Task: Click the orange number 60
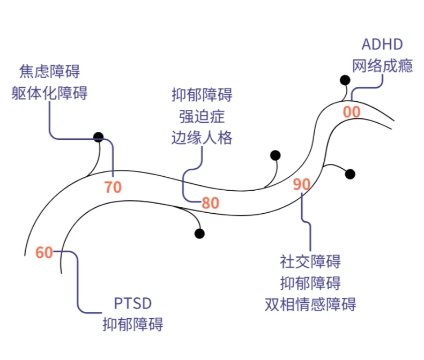pyautogui.click(x=44, y=252)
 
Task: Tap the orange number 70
pyautogui.click(x=113, y=187)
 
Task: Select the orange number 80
pyautogui.click(x=211, y=203)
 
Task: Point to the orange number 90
pyautogui.click(x=302, y=184)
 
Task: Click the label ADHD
pyautogui.click(x=382, y=44)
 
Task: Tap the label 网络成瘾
pyautogui.click(x=382, y=66)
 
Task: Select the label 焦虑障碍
pyautogui.click(x=49, y=71)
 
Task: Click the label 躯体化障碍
pyautogui.click(x=49, y=93)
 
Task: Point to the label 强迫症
pyautogui.click(x=202, y=116)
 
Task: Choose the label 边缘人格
pyautogui.click(x=202, y=138)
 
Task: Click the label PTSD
pyautogui.click(x=133, y=304)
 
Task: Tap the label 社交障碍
pyautogui.click(x=310, y=261)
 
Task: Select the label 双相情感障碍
pyautogui.click(x=310, y=304)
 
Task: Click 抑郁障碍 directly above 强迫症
pyautogui.click(x=202, y=95)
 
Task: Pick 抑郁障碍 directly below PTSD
pyautogui.click(x=133, y=325)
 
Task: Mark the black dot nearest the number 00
pyautogui.click(x=345, y=80)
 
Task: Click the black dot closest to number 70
pyautogui.click(x=98, y=137)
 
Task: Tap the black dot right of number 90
pyautogui.click(x=350, y=174)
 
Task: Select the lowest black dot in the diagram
pyautogui.click(x=199, y=234)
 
